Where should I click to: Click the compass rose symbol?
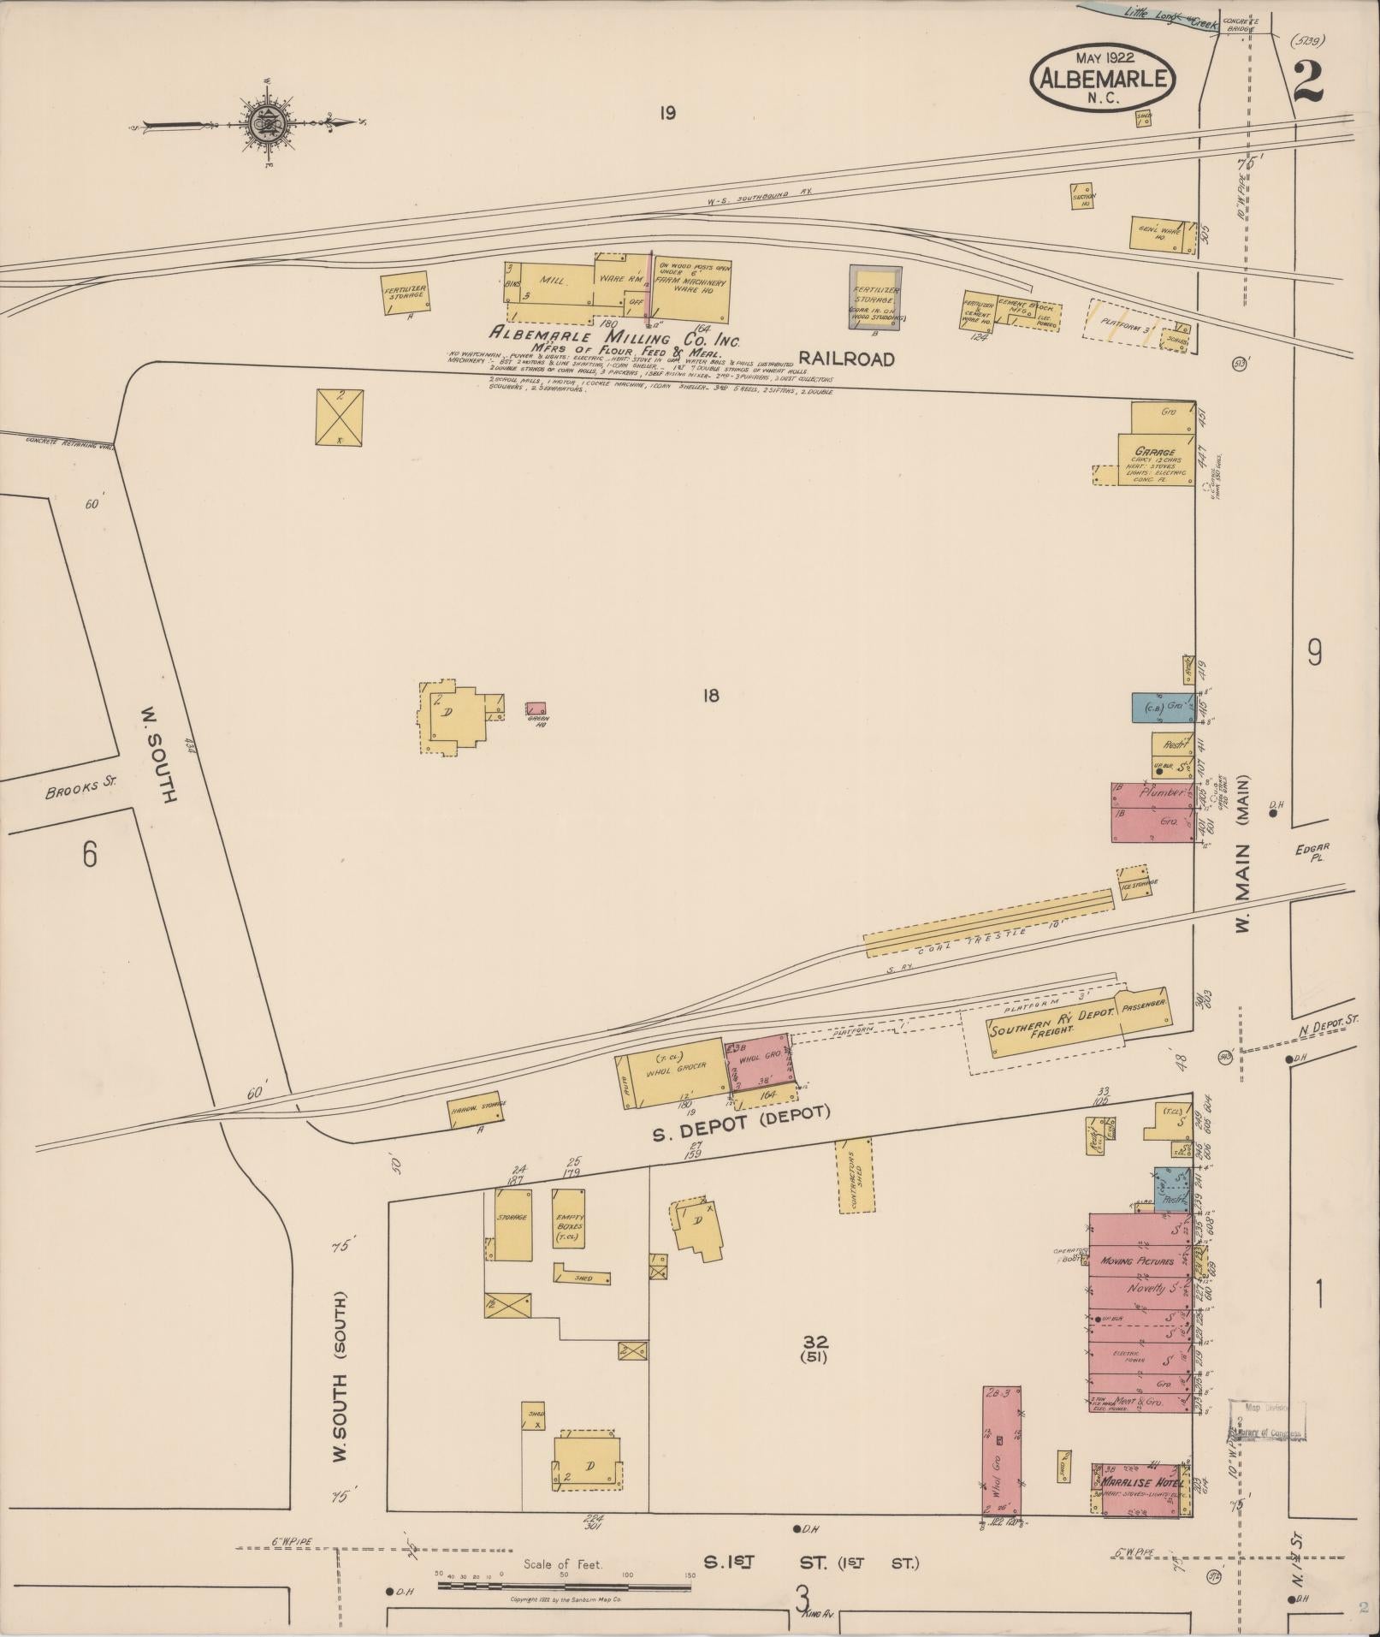[x=267, y=125]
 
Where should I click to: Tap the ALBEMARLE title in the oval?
[x=1103, y=79]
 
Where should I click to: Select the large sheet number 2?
[x=1308, y=82]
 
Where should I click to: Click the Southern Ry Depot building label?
[x=1052, y=1021]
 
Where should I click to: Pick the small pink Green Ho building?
[x=536, y=708]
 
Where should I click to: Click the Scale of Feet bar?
[x=564, y=1586]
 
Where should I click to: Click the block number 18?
[x=710, y=695]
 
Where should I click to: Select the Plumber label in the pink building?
[x=1162, y=793]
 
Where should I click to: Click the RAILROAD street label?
[x=847, y=359]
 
